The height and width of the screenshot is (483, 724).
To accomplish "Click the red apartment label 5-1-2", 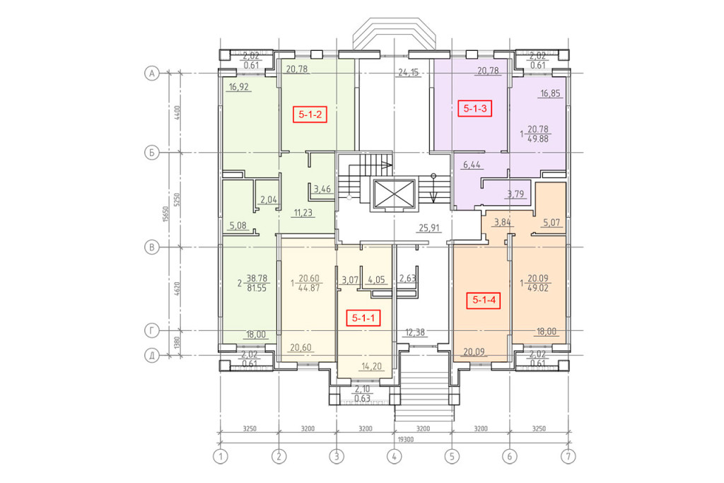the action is click(310, 114).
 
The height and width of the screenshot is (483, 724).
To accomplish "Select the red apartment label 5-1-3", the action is click(474, 108).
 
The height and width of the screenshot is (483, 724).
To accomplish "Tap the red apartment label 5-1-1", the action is click(363, 318).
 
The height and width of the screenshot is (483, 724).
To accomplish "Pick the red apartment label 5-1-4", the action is click(484, 300).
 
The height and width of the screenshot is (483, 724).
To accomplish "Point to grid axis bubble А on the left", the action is click(151, 73).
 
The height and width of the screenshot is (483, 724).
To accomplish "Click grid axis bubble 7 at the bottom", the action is click(568, 457).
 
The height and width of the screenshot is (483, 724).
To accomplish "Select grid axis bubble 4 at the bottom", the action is click(395, 457).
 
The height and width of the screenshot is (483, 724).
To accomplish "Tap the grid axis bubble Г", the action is click(151, 331).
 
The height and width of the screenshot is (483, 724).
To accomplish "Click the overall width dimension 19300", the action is click(405, 440).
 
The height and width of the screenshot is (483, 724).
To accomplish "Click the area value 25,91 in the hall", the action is click(429, 228).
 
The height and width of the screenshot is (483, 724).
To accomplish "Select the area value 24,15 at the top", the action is click(409, 72).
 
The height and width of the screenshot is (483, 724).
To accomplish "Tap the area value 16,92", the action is click(239, 86).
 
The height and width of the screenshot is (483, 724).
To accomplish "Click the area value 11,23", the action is click(303, 213).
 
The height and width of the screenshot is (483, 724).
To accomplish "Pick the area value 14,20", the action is click(372, 366).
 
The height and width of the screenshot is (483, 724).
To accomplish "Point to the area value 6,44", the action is click(472, 164).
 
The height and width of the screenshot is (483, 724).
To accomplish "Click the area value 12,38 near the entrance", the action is click(414, 332).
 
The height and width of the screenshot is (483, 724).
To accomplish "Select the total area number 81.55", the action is click(257, 288).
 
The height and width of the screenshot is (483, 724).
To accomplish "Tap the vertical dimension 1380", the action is click(177, 342).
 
